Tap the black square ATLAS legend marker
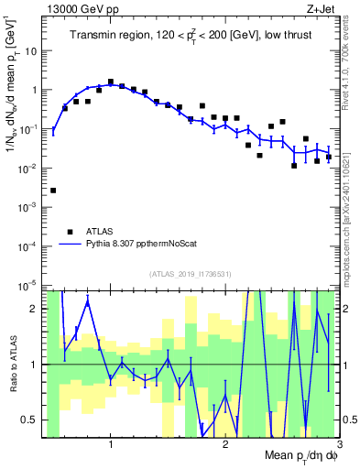pos(69,232)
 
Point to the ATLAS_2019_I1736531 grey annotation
pos(190,274)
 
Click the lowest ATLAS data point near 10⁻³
pos(53,191)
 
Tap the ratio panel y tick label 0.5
pos(33,420)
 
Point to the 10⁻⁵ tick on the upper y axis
pos(31,286)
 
